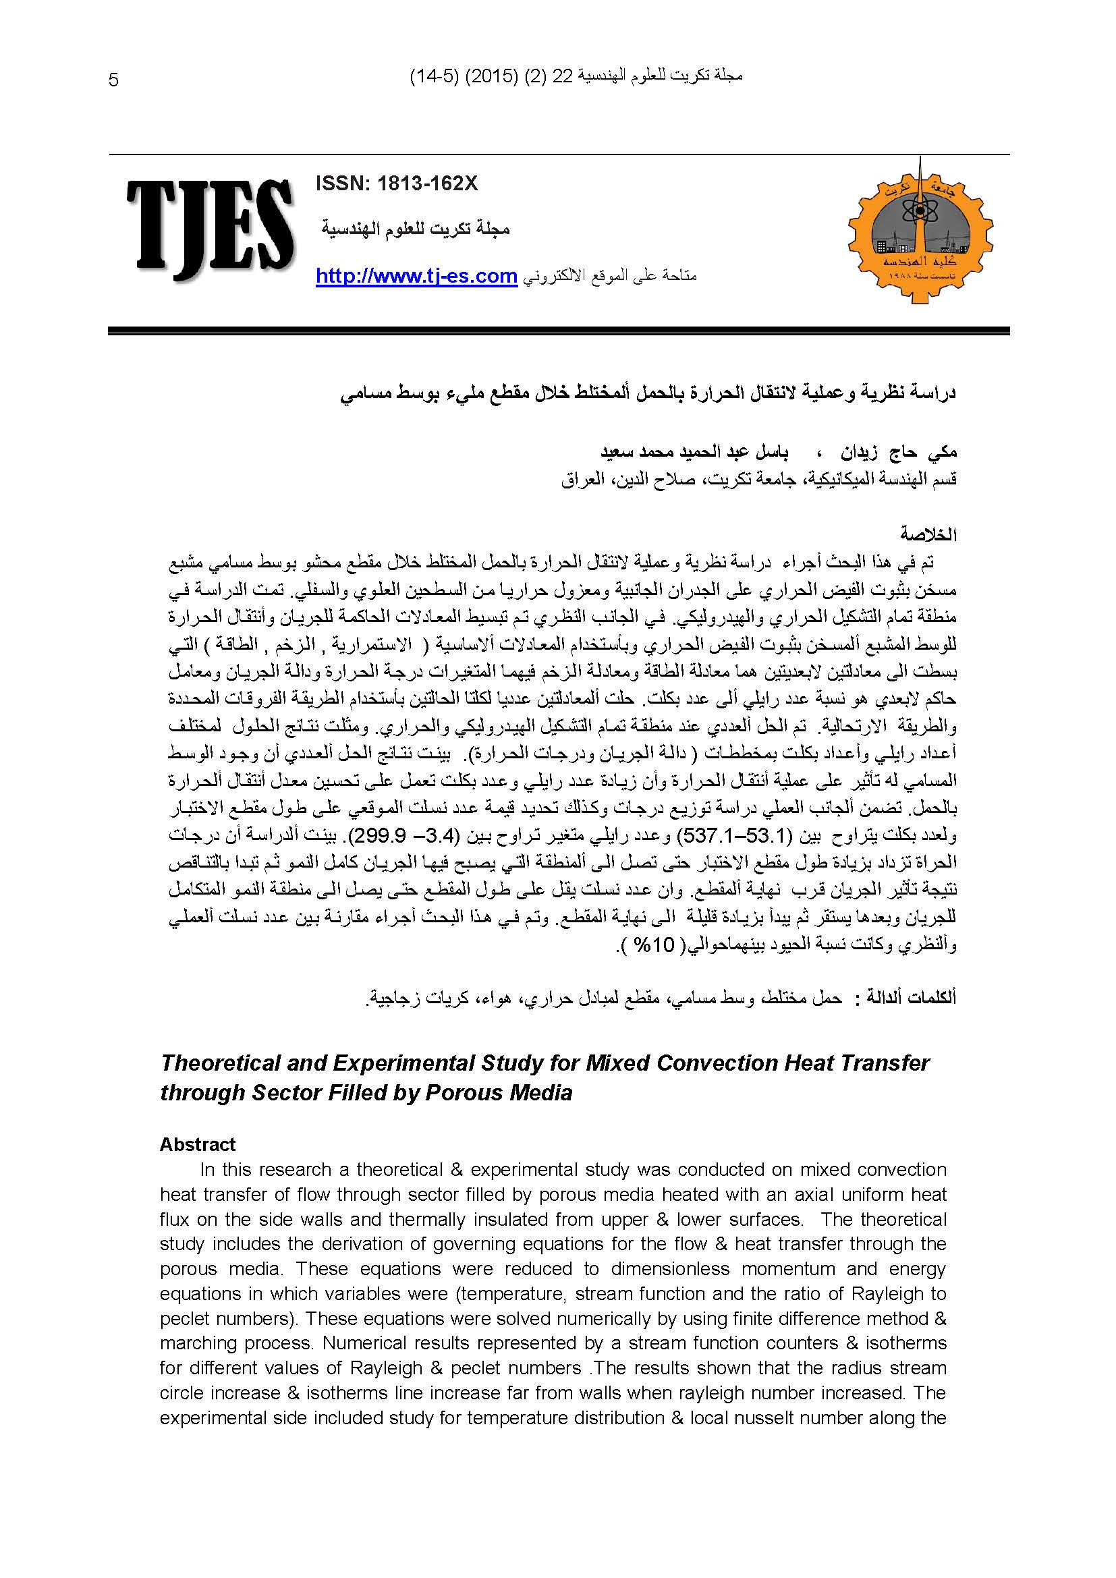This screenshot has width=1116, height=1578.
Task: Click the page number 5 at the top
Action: coord(114,81)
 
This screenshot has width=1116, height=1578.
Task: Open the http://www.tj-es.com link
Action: coord(416,277)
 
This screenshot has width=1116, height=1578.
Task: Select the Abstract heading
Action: coord(197,1144)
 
